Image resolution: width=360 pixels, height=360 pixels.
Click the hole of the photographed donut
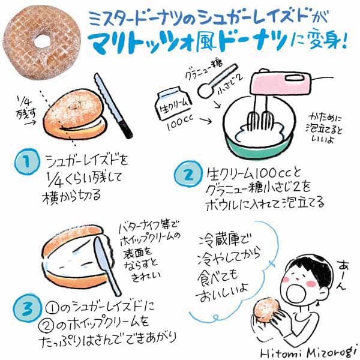click(42, 41)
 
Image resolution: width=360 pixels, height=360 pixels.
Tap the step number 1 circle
click(27, 162)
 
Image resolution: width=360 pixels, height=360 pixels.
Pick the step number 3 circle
click(28, 308)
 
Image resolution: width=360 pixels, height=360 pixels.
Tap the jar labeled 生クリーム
click(173, 104)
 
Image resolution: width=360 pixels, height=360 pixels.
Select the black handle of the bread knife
click(125, 128)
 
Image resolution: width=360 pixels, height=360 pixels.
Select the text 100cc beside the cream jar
click(180, 122)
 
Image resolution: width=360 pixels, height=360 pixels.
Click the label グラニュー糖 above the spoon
click(204, 69)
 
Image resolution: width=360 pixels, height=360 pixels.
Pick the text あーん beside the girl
click(343, 275)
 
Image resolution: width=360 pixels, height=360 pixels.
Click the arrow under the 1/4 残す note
click(30, 123)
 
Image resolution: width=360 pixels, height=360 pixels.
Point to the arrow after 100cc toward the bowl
click(206, 121)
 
